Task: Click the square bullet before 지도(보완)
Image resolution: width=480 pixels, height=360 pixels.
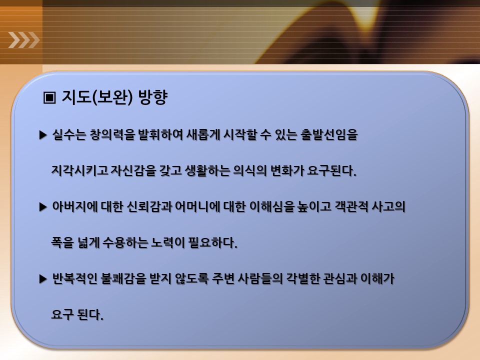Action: coord(49,97)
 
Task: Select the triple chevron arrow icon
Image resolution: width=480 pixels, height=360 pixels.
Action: coord(24,40)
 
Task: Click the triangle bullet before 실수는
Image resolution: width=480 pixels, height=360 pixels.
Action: coord(43,135)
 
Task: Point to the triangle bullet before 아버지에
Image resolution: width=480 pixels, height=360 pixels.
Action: coord(43,207)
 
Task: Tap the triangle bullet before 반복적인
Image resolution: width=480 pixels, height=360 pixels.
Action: coord(43,279)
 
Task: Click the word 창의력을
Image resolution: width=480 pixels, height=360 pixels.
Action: coord(112,134)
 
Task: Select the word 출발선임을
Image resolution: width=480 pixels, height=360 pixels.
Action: coord(329,134)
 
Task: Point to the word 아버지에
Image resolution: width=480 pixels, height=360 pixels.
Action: coord(74,206)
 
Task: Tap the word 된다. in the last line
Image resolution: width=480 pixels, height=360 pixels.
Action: coord(90,314)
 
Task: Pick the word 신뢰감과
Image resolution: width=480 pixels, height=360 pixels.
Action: coord(149,206)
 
